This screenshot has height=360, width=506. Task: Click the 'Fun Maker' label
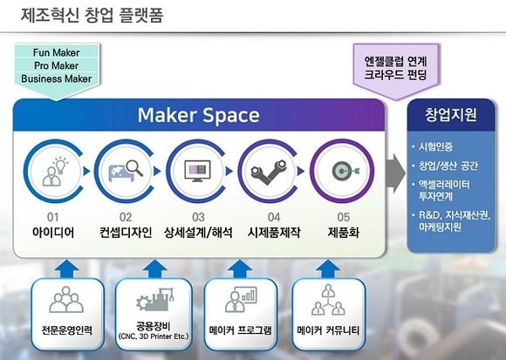pyautogui.click(x=56, y=52)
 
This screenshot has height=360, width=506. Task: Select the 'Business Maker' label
pyautogui.click(x=56, y=78)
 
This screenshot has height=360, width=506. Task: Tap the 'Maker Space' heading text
pyautogui.click(x=198, y=115)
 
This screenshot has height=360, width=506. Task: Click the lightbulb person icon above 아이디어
pyautogui.click(x=56, y=171)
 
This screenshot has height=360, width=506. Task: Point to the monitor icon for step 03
pyautogui.click(x=197, y=171)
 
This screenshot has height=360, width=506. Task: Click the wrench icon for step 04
pyautogui.click(x=269, y=172)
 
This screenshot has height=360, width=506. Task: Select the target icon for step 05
pyautogui.click(x=345, y=171)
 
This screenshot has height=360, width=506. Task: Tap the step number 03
pyautogui.click(x=198, y=217)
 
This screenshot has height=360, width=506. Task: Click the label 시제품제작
pyautogui.click(x=274, y=232)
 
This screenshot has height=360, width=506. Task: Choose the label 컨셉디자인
pyautogui.click(x=126, y=232)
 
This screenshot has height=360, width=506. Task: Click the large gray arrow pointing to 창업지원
pyautogui.click(x=395, y=173)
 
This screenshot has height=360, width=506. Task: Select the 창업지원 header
pyautogui.click(x=450, y=114)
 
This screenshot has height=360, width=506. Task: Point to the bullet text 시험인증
pyautogui.click(x=435, y=147)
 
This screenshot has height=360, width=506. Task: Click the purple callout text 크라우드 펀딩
pyautogui.click(x=395, y=75)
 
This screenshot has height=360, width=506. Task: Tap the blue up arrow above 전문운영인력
pyautogui.click(x=67, y=268)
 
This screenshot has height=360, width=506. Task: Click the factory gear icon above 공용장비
pyautogui.click(x=155, y=299)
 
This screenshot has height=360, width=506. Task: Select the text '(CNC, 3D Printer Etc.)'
pyautogui.click(x=154, y=336)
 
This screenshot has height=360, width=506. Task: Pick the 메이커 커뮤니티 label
pyautogui.click(x=328, y=330)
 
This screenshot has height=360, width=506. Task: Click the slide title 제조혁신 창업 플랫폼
pyautogui.click(x=92, y=15)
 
